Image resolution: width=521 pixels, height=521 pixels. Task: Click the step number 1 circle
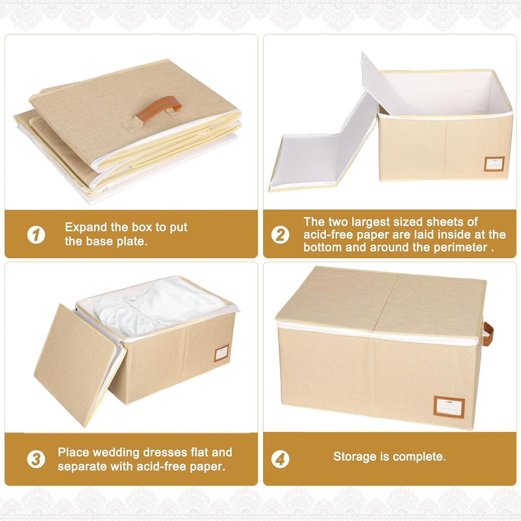[36, 235]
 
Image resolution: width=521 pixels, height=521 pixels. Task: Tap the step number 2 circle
[280, 235]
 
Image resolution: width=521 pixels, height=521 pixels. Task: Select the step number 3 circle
[36, 460]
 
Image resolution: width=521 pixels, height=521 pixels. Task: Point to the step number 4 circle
[280, 460]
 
